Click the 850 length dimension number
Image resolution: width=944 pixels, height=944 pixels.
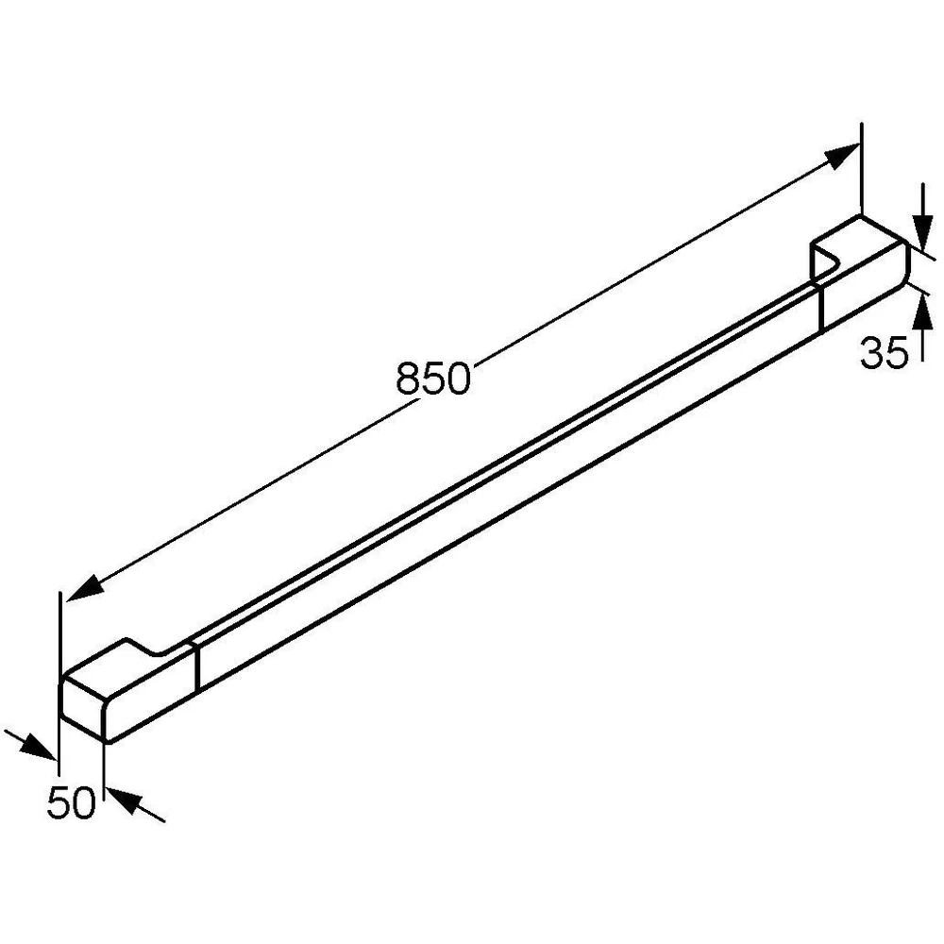[x=433, y=379]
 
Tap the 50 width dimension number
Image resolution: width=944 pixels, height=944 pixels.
[x=71, y=802]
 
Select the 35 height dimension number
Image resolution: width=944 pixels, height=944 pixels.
[x=884, y=353]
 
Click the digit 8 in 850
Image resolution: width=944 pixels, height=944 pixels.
[x=409, y=379]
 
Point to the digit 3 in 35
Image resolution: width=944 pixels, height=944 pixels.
[x=871, y=353]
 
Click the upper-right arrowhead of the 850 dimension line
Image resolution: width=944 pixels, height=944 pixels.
[x=842, y=157]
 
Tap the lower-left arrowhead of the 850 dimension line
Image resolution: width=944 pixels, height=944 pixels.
[x=80, y=588]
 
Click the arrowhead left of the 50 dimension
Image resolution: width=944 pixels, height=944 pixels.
[x=38, y=746]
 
